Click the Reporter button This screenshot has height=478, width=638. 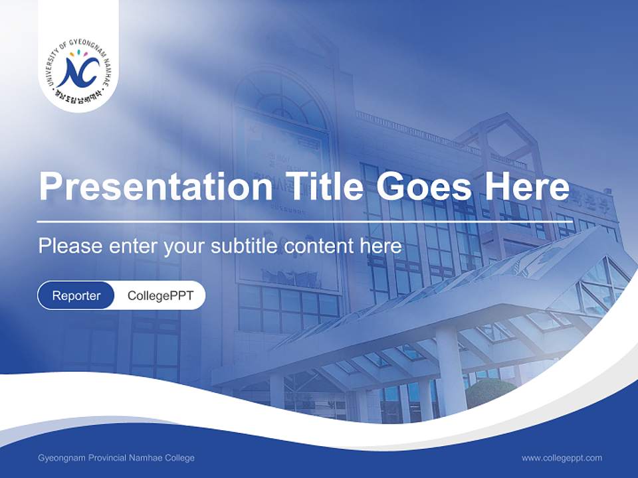click(76, 295)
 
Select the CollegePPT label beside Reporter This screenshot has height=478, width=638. click(160, 295)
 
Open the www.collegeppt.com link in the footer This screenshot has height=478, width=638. click(562, 457)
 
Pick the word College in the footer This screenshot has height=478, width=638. click(179, 458)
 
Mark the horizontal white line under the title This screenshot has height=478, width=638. click(296, 222)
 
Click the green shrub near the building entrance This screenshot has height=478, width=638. click(490, 394)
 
